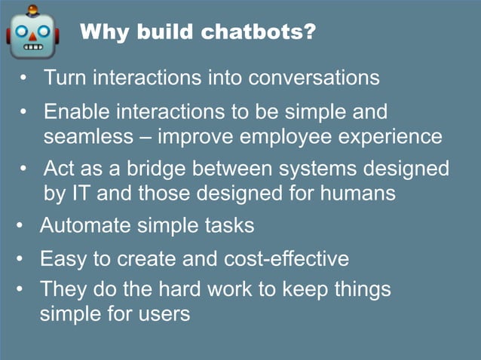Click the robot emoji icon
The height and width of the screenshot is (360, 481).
[32, 34]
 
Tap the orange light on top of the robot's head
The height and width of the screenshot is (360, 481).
[32, 10]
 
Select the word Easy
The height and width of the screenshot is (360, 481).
[63, 259]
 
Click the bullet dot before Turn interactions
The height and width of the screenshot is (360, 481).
[24, 78]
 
